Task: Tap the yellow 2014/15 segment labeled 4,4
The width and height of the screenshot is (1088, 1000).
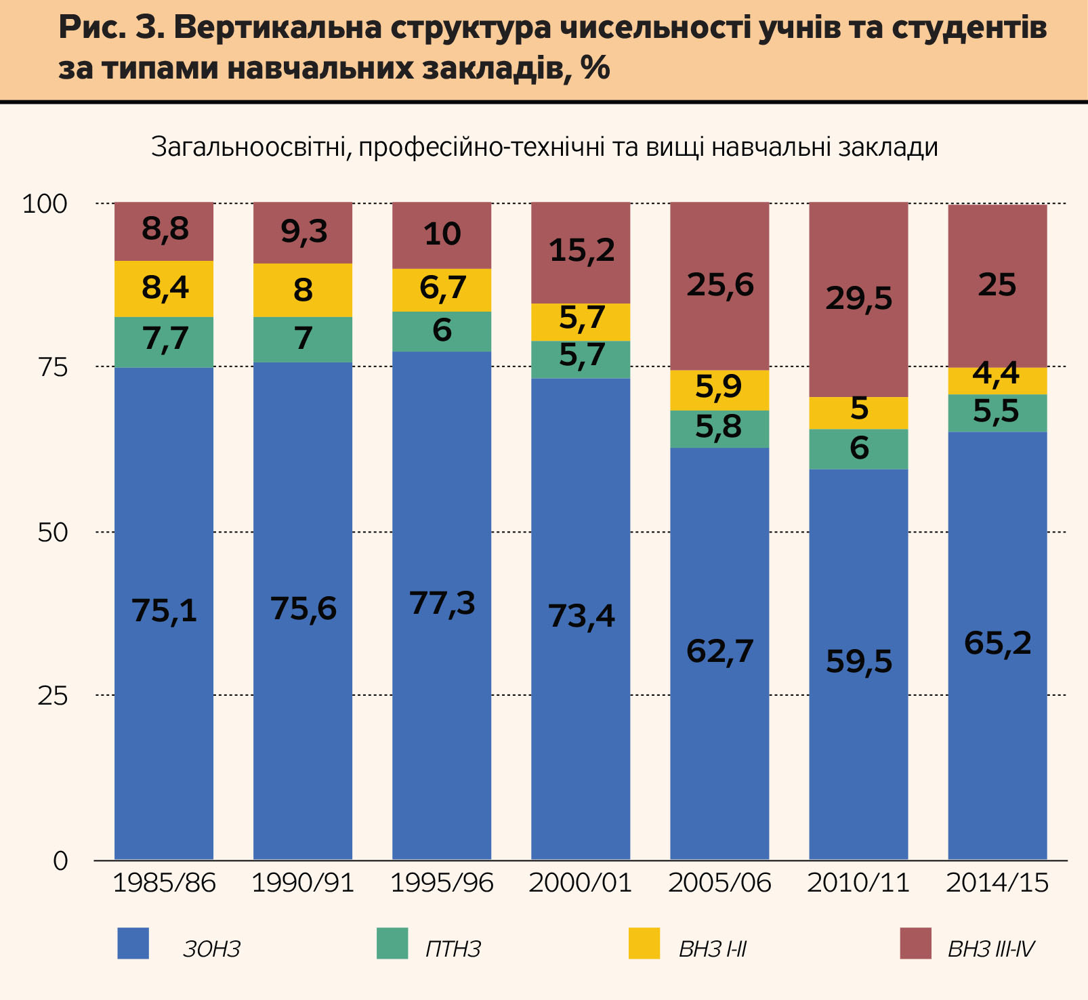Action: pyautogui.click(x=997, y=381)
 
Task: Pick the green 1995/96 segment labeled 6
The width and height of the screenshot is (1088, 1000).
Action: pyautogui.click(x=442, y=331)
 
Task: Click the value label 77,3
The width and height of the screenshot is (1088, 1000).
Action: pyautogui.click(x=442, y=602)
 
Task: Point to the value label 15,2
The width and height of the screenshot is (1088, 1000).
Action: pyautogui.click(x=581, y=250)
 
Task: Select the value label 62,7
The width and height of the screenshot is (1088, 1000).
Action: pyautogui.click(x=719, y=651)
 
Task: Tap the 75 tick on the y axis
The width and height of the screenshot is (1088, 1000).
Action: pyautogui.click(x=53, y=367)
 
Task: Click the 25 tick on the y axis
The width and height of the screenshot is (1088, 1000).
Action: pyautogui.click(x=53, y=696)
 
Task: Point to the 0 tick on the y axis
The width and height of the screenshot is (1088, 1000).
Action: pyautogui.click(x=61, y=860)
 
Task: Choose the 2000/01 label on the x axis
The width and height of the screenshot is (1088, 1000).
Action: pyautogui.click(x=581, y=883)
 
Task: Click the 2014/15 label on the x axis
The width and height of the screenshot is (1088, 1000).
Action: pyautogui.click(x=997, y=883)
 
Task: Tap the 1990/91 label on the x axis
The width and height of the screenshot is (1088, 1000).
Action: pyautogui.click(x=303, y=883)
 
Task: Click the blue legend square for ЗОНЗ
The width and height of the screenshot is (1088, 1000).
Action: pyautogui.click(x=133, y=943)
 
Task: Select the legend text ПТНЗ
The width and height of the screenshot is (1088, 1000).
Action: pyautogui.click(x=453, y=949)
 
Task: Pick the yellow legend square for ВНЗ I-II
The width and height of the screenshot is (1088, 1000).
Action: pyautogui.click(x=644, y=943)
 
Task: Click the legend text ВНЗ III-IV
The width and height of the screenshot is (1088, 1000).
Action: pyautogui.click(x=991, y=949)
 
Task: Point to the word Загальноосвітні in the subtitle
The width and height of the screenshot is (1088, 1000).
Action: pyautogui.click(x=248, y=147)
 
